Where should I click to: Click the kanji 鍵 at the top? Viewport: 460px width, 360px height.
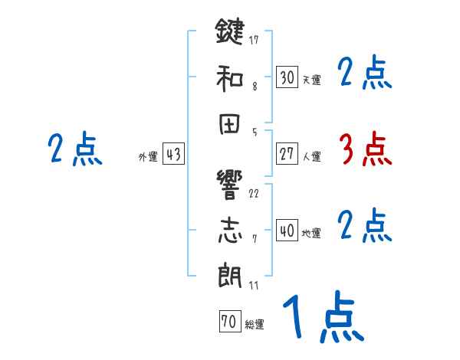click(230, 34)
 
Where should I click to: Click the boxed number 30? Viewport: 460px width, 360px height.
click(287, 77)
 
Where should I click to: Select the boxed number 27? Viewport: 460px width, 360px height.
click(287, 154)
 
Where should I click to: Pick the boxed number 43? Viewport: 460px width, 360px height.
click(173, 155)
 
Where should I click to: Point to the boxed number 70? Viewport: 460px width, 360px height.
click(228, 322)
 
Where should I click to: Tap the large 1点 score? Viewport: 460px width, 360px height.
click(322, 318)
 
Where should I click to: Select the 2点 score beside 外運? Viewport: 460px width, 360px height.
click(74, 149)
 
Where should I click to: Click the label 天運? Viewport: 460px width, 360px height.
click(311, 80)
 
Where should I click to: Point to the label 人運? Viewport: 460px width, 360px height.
click(311, 157)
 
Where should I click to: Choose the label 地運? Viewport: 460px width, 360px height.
click(311, 234)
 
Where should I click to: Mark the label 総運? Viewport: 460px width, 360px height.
click(255, 325)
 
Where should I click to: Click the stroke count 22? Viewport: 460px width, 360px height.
click(254, 193)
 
